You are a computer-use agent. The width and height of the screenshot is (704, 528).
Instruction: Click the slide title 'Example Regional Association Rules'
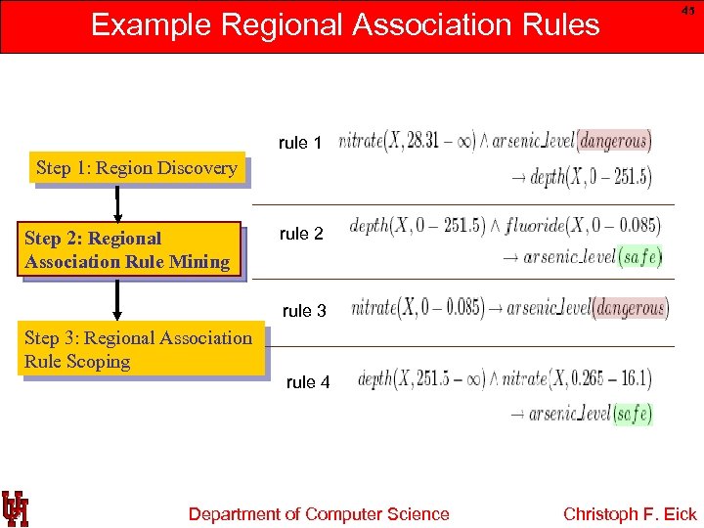(345, 23)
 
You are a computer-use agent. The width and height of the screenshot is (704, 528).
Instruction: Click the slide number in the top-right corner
(688, 10)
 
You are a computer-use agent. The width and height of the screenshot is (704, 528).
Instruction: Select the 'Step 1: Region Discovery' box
(137, 168)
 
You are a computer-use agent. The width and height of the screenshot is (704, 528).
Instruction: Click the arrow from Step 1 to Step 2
(117, 203)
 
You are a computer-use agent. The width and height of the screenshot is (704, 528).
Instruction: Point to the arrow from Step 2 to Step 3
(117, 299)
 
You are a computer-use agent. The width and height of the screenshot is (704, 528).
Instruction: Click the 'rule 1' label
(300, 143)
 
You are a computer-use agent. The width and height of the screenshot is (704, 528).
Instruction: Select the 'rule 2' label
(301, 234)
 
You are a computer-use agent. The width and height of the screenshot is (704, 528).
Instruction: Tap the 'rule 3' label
(304, 311)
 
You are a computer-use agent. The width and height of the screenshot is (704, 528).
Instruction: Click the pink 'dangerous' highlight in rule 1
(613, 141)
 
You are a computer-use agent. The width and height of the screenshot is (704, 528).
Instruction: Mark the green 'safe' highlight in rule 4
(632, 414)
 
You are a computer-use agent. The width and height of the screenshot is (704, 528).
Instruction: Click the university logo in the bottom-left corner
(16, 507)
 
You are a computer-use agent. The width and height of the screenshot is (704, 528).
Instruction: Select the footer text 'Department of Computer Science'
(319, 514)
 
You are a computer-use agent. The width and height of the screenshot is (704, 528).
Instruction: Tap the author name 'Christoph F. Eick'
(630, 514)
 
